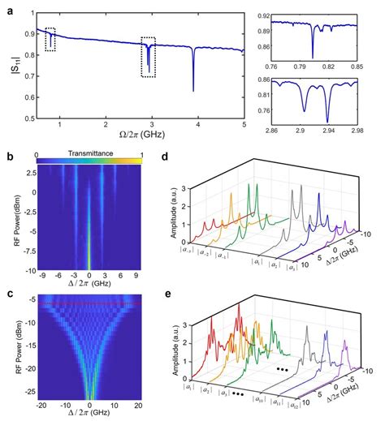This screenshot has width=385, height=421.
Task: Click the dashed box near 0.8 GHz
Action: [50, 39]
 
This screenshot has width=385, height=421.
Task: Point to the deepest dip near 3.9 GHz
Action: [193, 89]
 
